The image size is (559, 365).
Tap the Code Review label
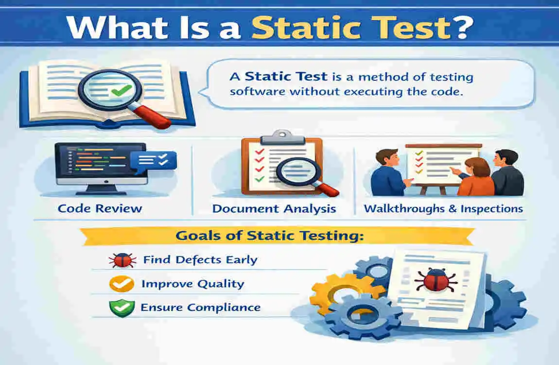[100, 209]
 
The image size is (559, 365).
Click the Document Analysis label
[274, 209]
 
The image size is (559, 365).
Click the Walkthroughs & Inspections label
[443, 209]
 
